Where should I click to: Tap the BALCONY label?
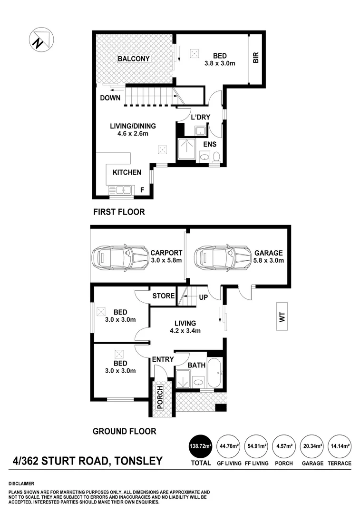pyautogui.click(x=134, y=59)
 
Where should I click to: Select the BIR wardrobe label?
pyautogui.click(x=255, y=59)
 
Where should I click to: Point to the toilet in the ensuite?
pyautogui.click(x=216, y=157)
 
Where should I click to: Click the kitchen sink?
pyautogui.click(x=120, y=190)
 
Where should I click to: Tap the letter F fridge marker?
pyautogui.click(x=142, y=190)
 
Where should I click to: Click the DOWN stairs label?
pyautogui.click(x=110, y=98)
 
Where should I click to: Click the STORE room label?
pyautogui.click(x=164, y=296)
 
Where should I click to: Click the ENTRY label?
pyautogui.click(x=163, y=360)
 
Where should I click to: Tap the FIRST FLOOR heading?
pyautogui.click(x=118, y=212)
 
